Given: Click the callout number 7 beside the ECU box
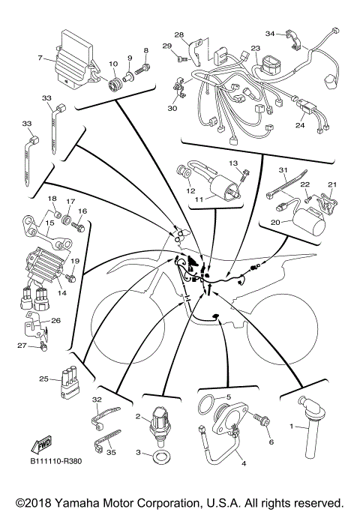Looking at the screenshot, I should tap(39, 58).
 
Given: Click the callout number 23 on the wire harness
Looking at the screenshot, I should tap(256, 49).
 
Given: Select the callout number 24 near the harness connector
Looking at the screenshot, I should tap(300, 125).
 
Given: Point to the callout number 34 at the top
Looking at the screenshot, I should tap(269, 33).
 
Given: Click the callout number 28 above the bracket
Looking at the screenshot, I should tap(179, 34).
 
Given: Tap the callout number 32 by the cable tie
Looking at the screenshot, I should tap(97, 400).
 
